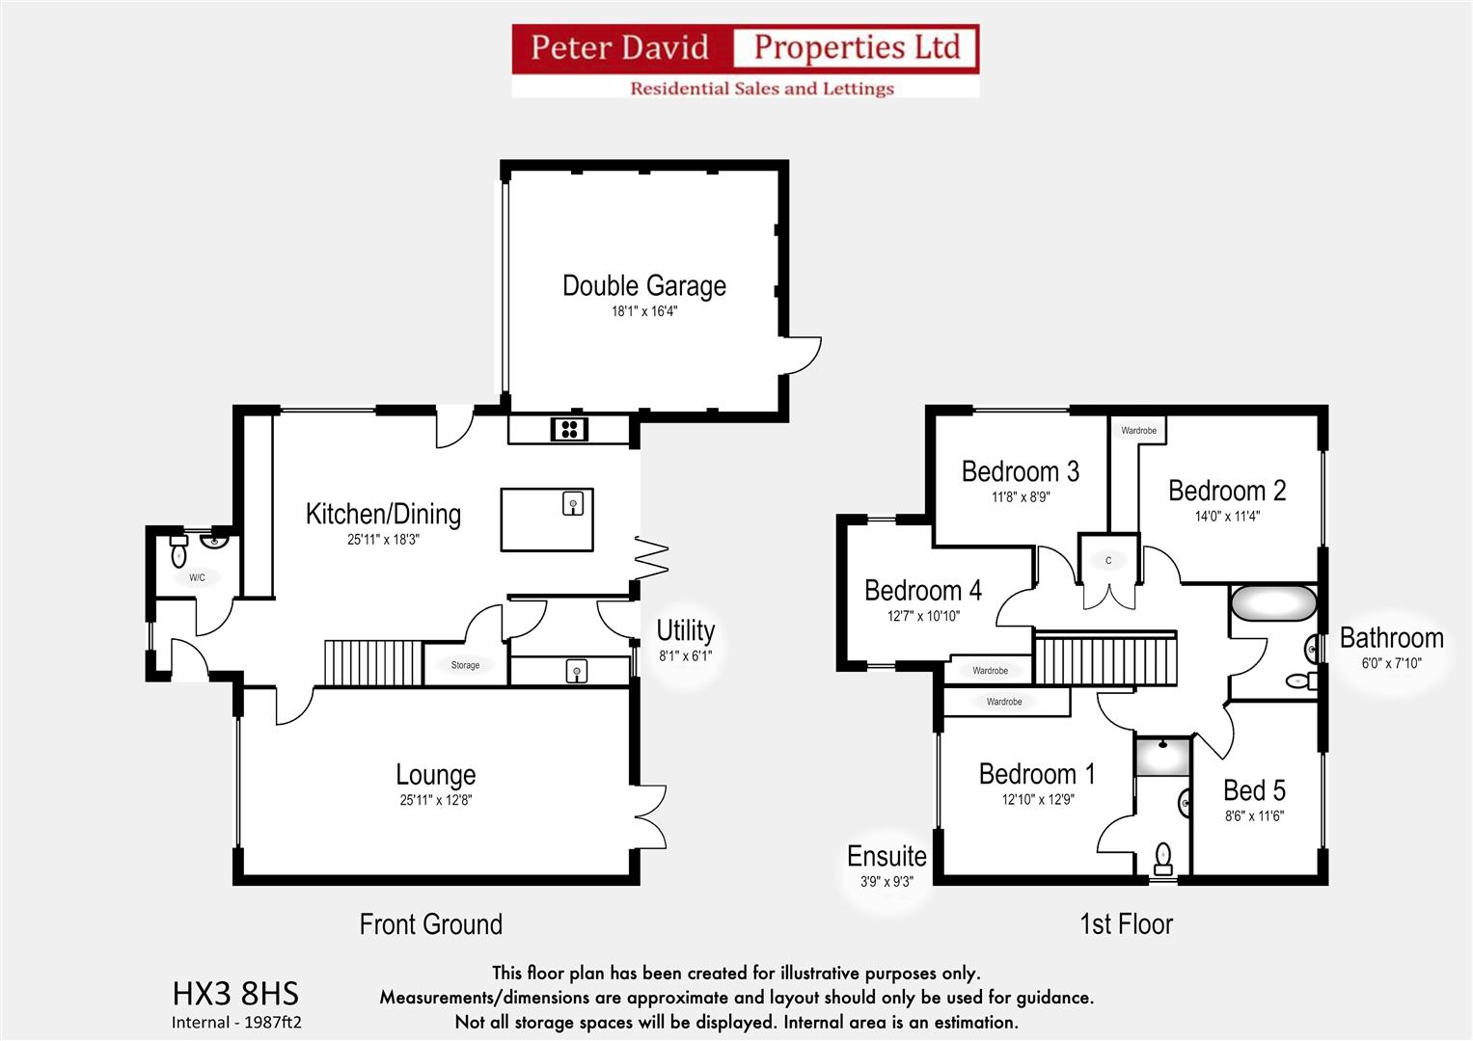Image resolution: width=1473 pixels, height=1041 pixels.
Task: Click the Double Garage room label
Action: pyautogui.click(x=643, y=286)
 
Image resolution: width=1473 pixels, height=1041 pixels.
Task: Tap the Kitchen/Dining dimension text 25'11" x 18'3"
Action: pyautogui.click(x=383, y=540)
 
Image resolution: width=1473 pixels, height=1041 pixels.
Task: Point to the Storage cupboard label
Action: pyautogui.click(x=465, y=665)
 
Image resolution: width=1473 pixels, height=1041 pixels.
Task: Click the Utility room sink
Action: pyautogui.click(x=576, y=671)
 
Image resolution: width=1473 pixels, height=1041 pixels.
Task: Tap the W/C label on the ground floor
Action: pyautogui.click(x=197, y=578)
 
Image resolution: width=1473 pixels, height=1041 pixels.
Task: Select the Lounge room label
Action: pyautogui.click(x=435, y=775)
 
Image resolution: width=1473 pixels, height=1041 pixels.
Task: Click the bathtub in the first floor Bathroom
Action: pyautogui.click(x=1272, y=604)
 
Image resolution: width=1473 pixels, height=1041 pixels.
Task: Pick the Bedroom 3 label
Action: pyautogui.click(x=1020, y=471)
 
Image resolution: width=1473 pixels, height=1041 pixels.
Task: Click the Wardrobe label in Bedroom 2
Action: pyautogui.click(x=1138, y=431)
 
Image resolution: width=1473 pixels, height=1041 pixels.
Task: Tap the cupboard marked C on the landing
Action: pyautogui.click(x=1108, y=561)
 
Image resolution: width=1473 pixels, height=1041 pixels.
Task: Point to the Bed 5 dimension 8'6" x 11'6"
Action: pyautogui.click(x=1254, y=816)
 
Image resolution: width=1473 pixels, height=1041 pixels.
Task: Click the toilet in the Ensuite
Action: pyautogui.click(x=1163, y=856)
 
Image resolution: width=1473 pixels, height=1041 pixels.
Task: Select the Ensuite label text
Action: pyautogui.click(x=887, y=856)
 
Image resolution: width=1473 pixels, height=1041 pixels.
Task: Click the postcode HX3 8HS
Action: pyautogui.click(x=235, y=994)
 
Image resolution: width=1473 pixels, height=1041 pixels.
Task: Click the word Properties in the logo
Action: pyautogui.click(x=856, y=47)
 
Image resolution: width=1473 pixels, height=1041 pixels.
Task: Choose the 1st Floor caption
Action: pyautogui.click(x=1126, y=924)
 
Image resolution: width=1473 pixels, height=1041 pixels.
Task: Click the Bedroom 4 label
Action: pyautogui.click(x=922, y=590)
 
